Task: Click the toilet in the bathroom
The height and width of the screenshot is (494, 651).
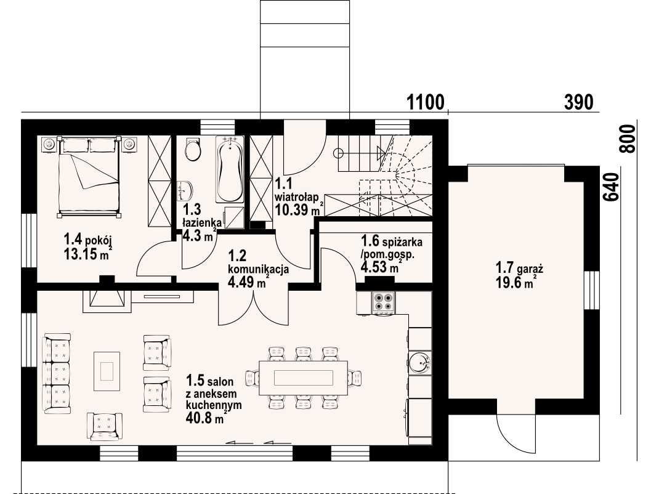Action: tap(193, 150)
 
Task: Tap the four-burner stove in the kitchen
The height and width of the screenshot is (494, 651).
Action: tap(383, 302)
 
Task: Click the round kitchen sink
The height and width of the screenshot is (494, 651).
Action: tap(419, 362)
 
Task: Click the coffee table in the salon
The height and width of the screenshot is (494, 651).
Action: tap(107, 371)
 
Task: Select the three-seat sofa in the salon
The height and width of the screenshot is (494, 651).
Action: tap(57, 373)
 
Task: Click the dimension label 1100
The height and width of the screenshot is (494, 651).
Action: tap(425, 102)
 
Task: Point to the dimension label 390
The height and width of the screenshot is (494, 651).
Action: tap(578, 102)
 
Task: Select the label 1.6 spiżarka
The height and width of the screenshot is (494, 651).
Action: tap(392, 241)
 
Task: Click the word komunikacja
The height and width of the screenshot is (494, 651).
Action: tap(259, 269)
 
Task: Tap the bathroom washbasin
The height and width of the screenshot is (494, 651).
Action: tap(185, 190)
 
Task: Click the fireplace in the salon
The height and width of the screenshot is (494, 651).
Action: tap(107, 301)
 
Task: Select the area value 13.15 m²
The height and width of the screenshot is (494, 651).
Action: tap(88, 254)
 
